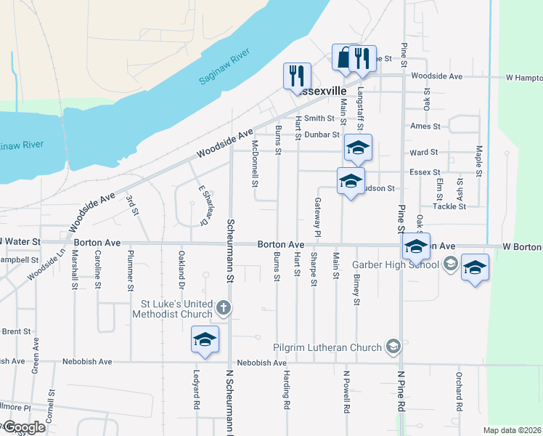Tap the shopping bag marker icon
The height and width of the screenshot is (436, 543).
click(343, 57)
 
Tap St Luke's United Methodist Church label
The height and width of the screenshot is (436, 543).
click(173, 309)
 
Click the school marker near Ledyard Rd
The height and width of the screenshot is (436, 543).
click(205, 339)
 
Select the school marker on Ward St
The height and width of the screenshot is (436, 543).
click(357, 148)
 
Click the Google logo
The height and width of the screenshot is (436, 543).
click(23, 427)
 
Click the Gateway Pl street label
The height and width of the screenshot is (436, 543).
click(317, 217)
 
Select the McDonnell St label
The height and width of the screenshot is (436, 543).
click(255, 163)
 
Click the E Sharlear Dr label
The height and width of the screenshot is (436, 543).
click(204, 203)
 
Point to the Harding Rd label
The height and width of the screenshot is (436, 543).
click(287, 392)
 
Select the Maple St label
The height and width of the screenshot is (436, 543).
click(479, 161)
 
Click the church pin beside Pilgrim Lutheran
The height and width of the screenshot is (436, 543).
click(393, 346)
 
